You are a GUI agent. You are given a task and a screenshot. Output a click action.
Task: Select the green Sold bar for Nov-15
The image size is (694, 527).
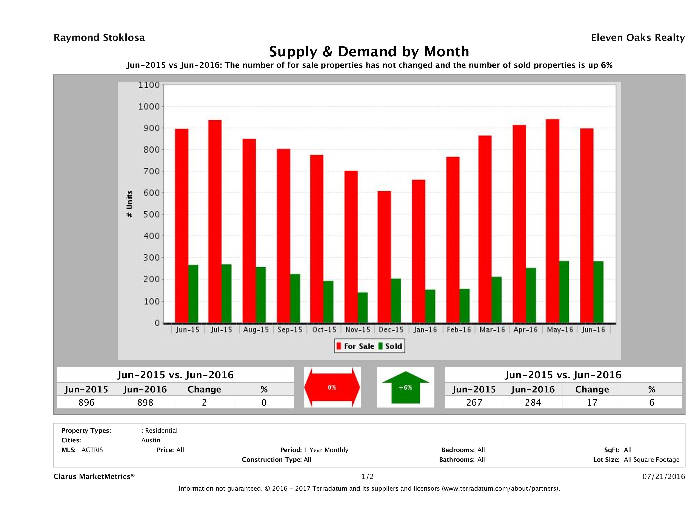tap(363, 308)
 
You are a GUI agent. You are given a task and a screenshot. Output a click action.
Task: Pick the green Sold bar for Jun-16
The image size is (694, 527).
tap(598, 292)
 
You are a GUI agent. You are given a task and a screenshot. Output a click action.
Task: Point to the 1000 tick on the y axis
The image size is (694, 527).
tap(149, 107)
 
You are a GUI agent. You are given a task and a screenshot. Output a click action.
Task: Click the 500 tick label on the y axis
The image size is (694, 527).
tap(149, 214)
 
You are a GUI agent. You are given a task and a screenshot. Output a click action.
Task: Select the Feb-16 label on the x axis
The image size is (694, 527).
tap(459, 330)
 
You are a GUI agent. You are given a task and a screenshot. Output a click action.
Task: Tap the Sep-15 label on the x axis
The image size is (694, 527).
tap(290, 330)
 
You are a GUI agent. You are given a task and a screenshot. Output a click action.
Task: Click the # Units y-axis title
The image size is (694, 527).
tap(129, 204)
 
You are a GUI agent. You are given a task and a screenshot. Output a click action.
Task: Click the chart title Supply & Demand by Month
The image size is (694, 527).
tap(369, 51)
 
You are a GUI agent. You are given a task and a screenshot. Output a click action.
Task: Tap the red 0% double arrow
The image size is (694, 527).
tap(332, 387)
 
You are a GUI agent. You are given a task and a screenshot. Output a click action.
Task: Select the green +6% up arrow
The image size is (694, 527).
tap(405, 387)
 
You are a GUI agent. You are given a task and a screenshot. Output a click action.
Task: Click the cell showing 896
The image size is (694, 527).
tap(86, 402)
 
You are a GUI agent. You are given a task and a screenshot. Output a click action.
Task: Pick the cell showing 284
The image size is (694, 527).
tap(533, 402)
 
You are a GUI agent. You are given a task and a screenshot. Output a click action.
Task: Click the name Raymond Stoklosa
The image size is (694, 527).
tap(99, 38)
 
